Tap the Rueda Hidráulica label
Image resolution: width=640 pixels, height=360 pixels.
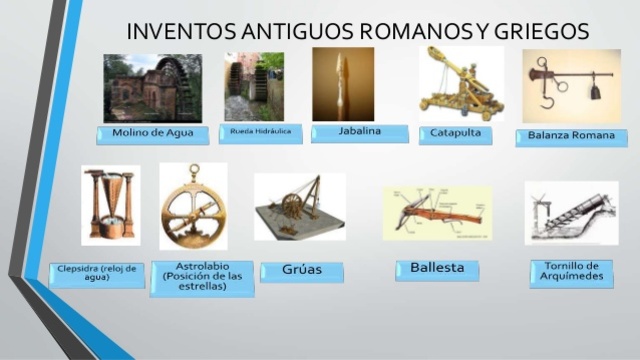(x=260, y=132)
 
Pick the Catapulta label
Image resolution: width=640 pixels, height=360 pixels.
(x=455, y=133)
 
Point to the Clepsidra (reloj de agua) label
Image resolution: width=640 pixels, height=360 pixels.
(x=97, y=273)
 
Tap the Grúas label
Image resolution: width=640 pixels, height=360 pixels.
(x=301, y=271)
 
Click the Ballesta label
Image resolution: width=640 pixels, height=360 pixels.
(x=437, y=269)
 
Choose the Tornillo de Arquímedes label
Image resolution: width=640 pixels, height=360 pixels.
(x=565, y=271)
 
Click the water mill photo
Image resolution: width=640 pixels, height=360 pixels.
(x=152, y=88)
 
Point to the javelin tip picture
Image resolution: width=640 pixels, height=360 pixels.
(x=342, y=84)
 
